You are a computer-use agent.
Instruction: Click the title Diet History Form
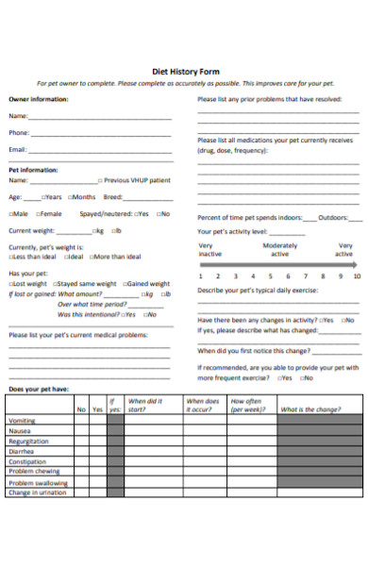tap(184, 70)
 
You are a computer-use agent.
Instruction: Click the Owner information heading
tap(39, 99)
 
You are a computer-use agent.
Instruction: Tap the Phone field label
tap(18, 133)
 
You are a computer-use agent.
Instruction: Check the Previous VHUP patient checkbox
tap(98, 179)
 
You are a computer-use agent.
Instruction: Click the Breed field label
tap(113, 197)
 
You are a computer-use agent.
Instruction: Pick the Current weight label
tap(32, 230)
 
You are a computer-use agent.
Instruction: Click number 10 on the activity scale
tap(355, 276)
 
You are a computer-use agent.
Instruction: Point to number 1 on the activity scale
tap(200, 276)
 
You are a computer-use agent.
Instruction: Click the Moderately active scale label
tap(280, 250)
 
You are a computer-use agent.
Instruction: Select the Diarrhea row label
tap(22, 451)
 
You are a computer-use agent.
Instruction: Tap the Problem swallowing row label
tap(33, 481)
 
